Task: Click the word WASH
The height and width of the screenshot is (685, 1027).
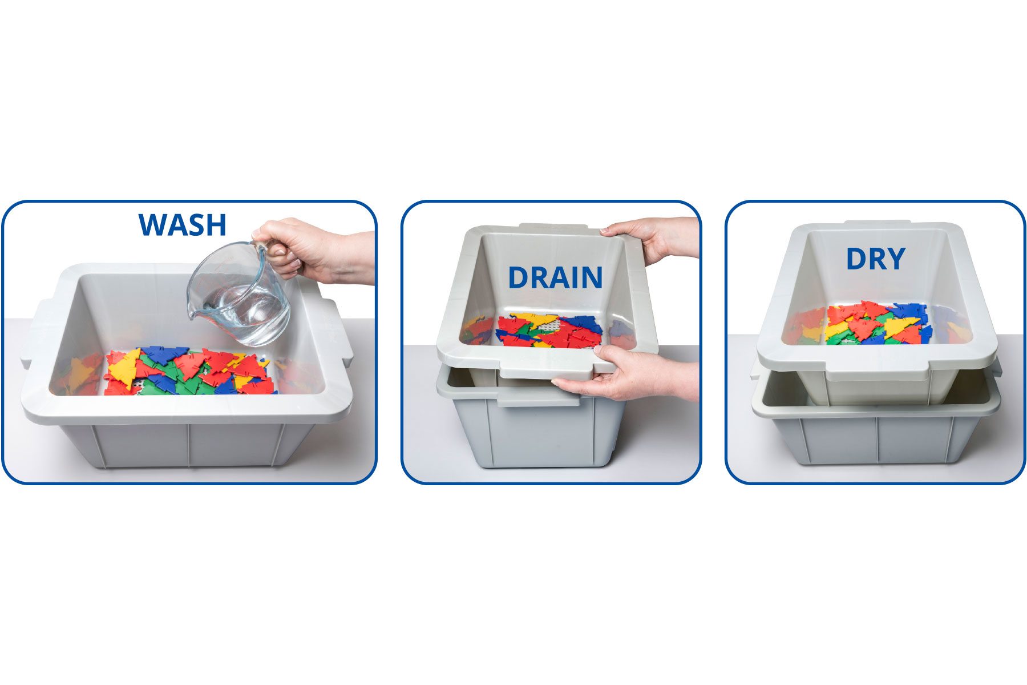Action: (x=183, y=225)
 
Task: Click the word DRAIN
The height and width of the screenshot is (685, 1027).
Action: (x=555, y=278)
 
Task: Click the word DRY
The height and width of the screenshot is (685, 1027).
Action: (x=876, y=259)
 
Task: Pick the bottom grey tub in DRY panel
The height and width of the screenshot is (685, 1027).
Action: (x=879, y=434)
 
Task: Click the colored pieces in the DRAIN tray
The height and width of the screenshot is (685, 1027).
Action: (x=548, y=331)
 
